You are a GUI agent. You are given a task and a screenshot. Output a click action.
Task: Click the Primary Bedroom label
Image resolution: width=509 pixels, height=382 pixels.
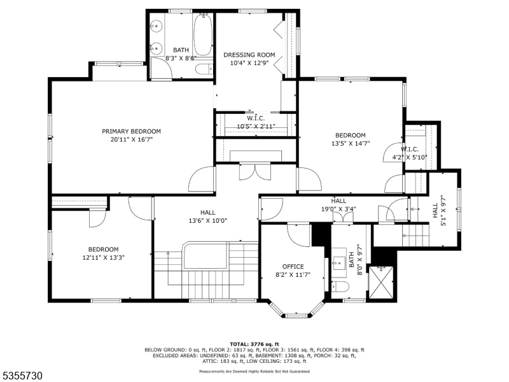click(x=132, y=132)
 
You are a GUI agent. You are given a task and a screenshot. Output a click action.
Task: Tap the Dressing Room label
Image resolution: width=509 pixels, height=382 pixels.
click(x=249, y=55)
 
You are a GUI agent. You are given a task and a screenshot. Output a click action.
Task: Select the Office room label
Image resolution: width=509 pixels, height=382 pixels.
click(x=293, y=267)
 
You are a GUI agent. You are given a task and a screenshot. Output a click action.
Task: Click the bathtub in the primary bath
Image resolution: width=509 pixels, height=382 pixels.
click(x=203, y=35)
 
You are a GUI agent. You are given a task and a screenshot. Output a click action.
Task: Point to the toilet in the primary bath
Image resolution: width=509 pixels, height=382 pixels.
click(x=204, y=69)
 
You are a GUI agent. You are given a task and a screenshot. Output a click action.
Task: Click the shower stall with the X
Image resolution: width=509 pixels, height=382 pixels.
click(x=381, y=282)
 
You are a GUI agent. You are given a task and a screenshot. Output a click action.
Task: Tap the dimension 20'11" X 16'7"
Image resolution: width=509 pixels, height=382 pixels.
click(x=132, y=139)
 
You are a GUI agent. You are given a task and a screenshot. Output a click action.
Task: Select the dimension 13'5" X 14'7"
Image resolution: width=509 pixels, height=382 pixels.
click(x=351, y=143)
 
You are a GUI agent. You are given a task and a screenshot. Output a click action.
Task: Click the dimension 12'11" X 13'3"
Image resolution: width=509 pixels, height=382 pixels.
click(x=104, y=258)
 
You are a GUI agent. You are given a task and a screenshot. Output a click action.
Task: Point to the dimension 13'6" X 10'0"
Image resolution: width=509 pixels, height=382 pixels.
click(x=208, y=221)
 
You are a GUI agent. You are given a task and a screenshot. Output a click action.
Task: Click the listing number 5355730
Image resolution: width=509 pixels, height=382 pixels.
click(x=21, y=376)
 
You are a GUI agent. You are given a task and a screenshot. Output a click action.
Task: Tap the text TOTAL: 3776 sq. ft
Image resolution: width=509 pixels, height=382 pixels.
click(x=254, y=344)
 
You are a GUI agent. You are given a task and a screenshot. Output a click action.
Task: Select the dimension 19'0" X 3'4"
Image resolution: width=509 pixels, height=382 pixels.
click(x=338, y=209)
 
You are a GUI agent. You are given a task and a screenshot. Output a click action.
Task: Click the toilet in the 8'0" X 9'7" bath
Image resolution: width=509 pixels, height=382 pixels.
click(x=340, y=287)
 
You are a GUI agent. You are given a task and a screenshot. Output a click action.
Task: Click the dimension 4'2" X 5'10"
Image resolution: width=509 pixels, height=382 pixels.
click(x=410, y=157)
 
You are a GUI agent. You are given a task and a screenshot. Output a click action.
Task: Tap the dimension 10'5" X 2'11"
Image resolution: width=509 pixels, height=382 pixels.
click(x=256, y=126)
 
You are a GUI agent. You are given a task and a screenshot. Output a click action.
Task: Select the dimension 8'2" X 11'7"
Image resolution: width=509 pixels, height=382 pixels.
click(x=293, y=275)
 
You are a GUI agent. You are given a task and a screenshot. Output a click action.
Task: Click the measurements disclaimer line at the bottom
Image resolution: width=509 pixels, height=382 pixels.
click(x=254, y=371)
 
